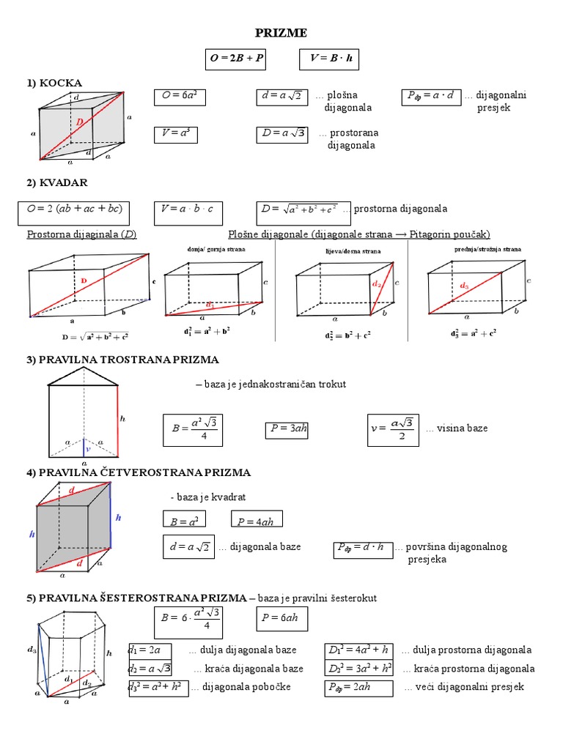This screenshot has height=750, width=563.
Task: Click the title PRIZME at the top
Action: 281,33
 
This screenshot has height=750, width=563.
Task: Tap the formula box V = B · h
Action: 329,59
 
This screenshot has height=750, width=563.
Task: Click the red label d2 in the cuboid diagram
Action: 376,283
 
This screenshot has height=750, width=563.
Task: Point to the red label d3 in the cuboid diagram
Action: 464,285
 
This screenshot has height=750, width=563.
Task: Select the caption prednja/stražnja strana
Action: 487,250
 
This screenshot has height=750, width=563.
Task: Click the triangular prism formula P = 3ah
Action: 287,430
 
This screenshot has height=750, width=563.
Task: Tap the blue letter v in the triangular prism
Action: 87,449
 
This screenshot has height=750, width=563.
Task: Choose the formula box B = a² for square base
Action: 184,521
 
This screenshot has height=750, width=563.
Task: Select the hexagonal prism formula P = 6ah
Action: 281,620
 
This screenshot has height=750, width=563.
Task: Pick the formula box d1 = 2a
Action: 150,650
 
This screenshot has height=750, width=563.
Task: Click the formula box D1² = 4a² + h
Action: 358,650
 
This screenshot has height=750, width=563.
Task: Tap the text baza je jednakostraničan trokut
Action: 271,384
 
